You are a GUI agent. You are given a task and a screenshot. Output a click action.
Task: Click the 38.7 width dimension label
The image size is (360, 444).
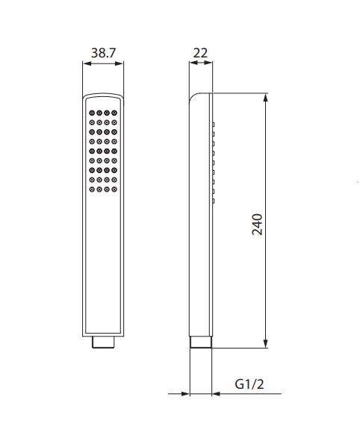click(104, 53)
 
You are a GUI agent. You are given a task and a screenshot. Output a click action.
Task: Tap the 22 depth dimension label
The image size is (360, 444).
click(200, 53)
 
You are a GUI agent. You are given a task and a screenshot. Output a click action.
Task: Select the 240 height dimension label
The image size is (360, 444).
click(258, 225)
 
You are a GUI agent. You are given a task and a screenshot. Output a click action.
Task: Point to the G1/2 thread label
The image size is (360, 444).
click(249, 384)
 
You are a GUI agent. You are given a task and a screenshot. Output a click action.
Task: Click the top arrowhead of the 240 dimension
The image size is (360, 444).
click(265, 98)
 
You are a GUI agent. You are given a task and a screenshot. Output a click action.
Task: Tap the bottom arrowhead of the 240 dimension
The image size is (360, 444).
click(265, 343)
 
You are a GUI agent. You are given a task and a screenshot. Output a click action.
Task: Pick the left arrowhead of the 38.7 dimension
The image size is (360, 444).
click(87, 63)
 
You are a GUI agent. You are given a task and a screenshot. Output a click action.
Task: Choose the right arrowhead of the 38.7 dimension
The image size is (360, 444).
click(120, 63)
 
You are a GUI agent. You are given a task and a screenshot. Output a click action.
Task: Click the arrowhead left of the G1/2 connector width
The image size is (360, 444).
click(185, 393)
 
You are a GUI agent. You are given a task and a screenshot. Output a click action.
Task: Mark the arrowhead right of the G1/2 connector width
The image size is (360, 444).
click(216, 393)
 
